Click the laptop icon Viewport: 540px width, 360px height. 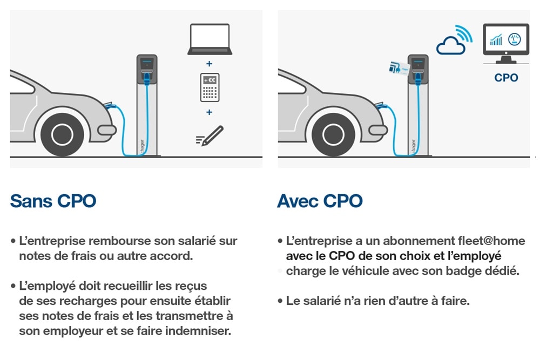(210, 39)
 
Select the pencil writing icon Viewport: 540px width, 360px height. (210, 136)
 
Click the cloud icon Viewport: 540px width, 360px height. (450, 46)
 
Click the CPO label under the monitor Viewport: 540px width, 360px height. (506, 78)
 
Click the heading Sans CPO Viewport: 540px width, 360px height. (53, 201)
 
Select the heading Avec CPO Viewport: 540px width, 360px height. (320, 201)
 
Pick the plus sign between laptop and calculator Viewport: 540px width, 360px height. (210, 64)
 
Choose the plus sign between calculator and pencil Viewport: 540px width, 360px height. (210, 112)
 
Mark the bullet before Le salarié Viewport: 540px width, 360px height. (280, 301)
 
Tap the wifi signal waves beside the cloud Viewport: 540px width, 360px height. (463, 33)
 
